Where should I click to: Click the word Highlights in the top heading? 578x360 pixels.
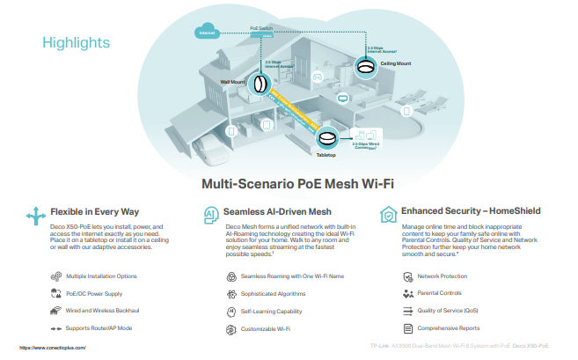click(76, 41)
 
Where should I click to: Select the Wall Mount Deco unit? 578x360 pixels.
click(260, 84)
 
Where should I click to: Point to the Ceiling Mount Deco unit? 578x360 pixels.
click(367, 67)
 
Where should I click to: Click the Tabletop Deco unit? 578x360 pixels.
click(327, 139)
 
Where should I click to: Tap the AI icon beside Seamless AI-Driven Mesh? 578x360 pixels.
click(210, 214)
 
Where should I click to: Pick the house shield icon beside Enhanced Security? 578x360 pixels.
click(387, 214)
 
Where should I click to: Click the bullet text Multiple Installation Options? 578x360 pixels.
click(101, 276)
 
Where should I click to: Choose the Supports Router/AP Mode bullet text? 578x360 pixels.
click(97, 328)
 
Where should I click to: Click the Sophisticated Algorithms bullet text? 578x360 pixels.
click(271, 293)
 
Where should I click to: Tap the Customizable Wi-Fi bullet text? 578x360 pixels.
click(264, 328)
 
